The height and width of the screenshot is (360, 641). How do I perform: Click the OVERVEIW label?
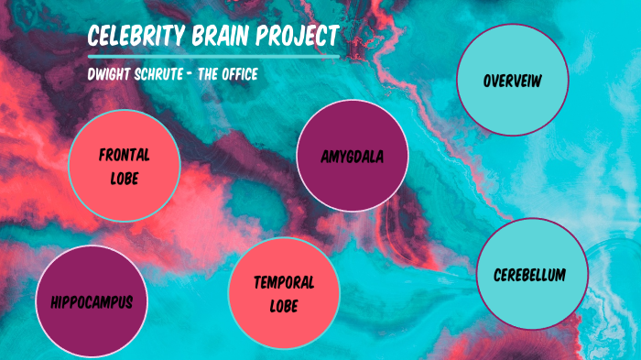point(513,82)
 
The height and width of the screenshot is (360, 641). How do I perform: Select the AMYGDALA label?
point(340,157)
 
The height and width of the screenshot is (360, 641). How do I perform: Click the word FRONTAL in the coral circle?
point(124,155)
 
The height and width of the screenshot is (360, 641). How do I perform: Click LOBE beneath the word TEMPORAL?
point(284,305)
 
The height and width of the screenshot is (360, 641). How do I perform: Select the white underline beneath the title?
point(212,57)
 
